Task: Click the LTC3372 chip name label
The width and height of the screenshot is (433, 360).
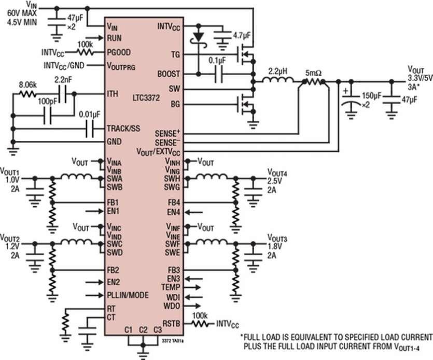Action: [146, 98]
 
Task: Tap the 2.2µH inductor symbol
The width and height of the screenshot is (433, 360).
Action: [278, 80]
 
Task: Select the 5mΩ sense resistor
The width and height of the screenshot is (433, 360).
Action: [313, 82]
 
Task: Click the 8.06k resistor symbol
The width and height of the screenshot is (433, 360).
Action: [27, 94]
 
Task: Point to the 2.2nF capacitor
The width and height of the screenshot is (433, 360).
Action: [63, 94]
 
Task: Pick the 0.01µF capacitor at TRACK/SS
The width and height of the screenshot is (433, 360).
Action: [90, 129]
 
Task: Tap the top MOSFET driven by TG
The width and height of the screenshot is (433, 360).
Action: [246, 54]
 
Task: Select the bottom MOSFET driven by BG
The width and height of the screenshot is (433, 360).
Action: [246, 104]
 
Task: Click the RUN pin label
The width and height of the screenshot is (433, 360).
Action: [114, 38]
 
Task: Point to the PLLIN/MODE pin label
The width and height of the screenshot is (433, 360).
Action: [128, 295]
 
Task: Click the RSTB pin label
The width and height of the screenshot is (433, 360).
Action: [171, 324]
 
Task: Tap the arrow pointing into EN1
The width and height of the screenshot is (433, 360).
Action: [94, 211]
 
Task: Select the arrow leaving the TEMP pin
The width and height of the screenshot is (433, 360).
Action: [192, 287]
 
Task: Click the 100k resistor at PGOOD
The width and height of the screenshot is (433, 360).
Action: [85, 52]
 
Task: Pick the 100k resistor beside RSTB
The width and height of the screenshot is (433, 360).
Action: [200, 324]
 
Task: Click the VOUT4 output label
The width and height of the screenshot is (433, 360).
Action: [277, 173]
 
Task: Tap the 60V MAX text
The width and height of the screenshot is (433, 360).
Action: [22, 13]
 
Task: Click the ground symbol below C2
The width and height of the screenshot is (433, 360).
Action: [143, 353]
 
